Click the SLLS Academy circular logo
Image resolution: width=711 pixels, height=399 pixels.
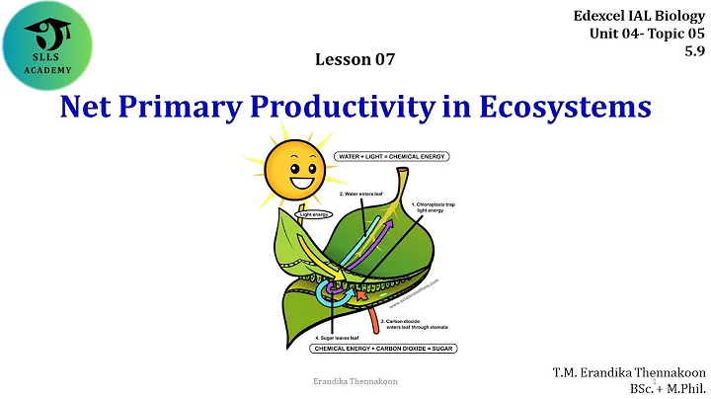point(49,47)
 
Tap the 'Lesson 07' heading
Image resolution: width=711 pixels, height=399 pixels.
point(355,59)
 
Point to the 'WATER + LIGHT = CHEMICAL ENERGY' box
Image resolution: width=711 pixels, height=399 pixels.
point(388,156)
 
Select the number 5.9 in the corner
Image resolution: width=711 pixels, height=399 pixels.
point(695,51)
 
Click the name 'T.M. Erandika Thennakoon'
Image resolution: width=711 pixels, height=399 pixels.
point(629,372)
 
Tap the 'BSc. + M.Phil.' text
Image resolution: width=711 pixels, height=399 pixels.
point(665,389)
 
